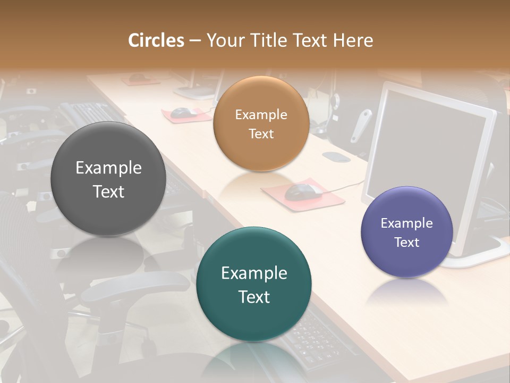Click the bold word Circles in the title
[x=156, y=40]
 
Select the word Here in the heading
[x=353, y=40]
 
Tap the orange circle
[x=261, y=123]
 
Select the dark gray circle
[x=108, y=179]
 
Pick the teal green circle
[x=254, y=284]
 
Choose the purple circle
[x=406, y=232]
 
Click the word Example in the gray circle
[x=108, y=168]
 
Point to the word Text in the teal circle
[x=254, y=296]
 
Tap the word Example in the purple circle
[x=406, y=223]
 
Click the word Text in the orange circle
[x=261, y=134]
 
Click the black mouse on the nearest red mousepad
[x=303, y=191]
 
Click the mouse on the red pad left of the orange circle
[x=183, y=112]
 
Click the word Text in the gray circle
[x=108, y=191]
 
